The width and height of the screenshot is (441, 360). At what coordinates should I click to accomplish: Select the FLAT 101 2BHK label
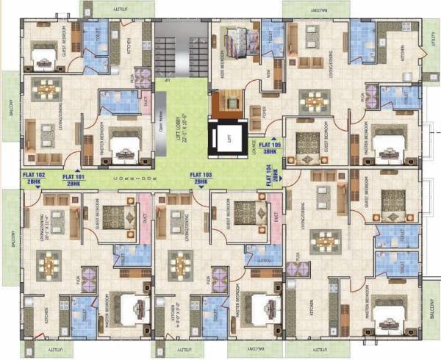point(73,177)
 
